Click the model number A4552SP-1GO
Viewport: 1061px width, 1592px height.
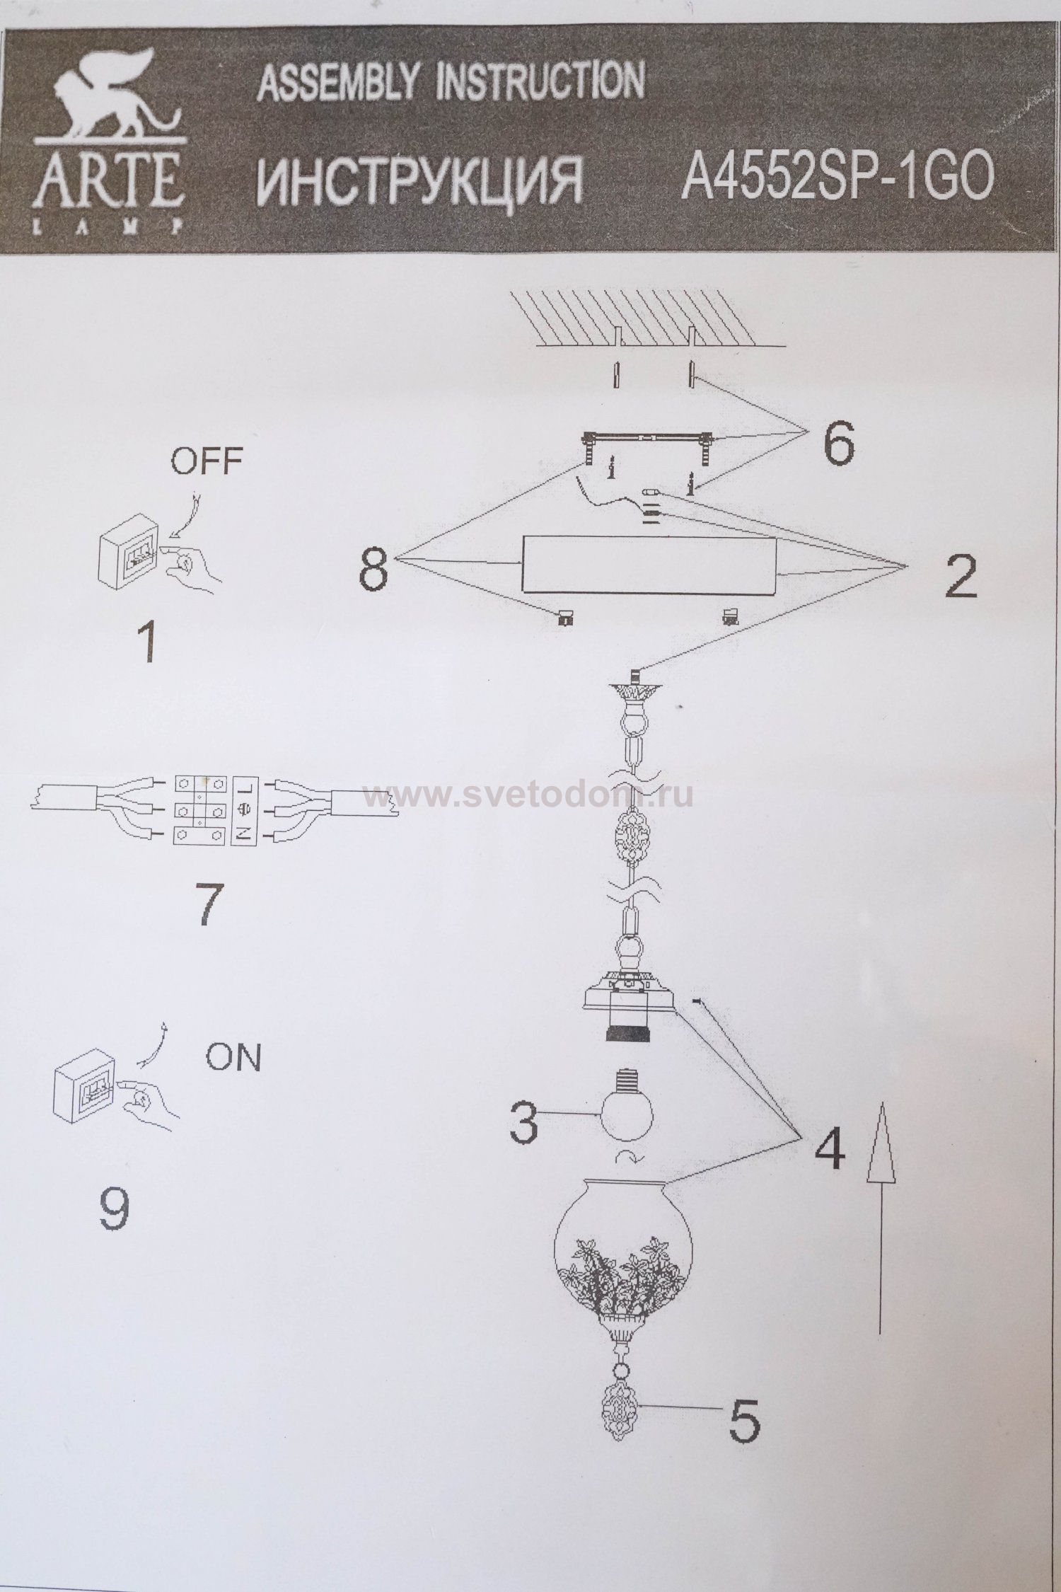pyautogui.click(x=837, y=176)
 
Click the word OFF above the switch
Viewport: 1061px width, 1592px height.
pyautogui.click(x=206, y=462)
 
